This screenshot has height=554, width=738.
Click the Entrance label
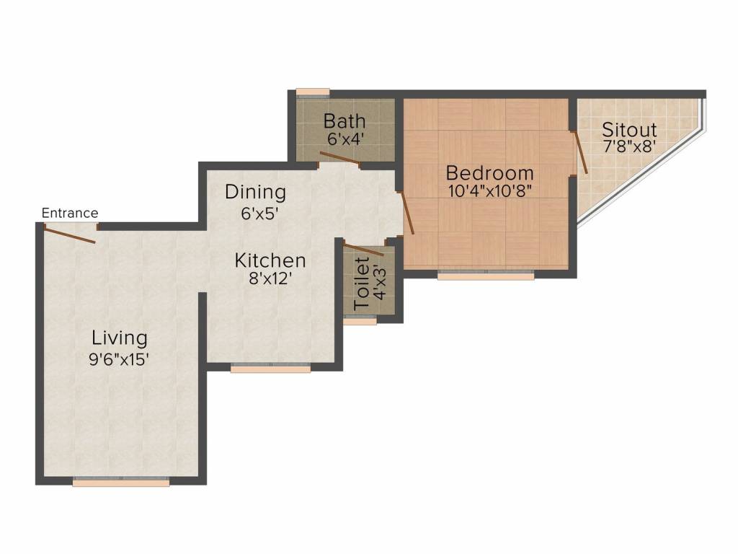70,213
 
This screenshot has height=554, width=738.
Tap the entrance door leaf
70,235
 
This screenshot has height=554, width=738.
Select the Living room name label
119,338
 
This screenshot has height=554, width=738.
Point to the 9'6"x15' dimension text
119,360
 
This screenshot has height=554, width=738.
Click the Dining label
255,192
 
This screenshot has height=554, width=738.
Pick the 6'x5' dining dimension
259,214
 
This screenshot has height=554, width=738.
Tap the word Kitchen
270,260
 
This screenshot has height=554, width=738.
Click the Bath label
344,121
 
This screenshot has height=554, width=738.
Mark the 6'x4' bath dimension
345,139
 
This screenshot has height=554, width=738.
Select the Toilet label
362,283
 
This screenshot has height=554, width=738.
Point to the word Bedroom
489,173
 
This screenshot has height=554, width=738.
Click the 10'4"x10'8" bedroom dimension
489,191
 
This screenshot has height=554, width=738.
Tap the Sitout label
629,130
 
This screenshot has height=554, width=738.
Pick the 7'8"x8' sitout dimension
629,146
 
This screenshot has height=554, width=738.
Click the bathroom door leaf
340,158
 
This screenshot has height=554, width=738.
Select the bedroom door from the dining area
406,213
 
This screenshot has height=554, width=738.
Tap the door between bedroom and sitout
579,152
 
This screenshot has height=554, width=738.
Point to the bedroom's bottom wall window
486,275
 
